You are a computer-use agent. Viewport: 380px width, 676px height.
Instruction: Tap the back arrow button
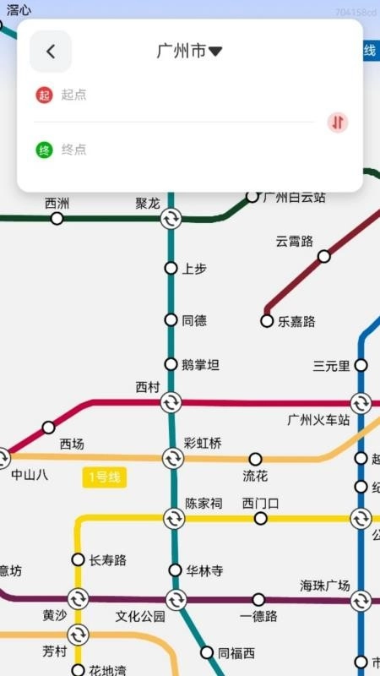click(x=51, y=52)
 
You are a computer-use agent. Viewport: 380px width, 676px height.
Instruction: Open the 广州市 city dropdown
click(x=190, y=52)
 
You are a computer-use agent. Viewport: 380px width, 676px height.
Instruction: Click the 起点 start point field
click(x=169, y=95)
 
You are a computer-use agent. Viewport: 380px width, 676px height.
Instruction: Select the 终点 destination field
click(x=169, y=150)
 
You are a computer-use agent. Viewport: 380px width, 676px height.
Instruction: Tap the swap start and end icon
click(x=338, y=123)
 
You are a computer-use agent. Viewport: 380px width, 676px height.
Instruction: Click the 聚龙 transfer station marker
click(x=171, y=219)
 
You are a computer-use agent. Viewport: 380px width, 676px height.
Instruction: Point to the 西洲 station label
click(x=57, y=204)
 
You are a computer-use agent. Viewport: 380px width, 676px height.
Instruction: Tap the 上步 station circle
click(x=171, y=269)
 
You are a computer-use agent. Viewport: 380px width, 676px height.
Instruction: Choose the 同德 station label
click(x=194, y=321)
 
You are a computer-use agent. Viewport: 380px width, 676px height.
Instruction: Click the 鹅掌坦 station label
click(x=200, y=365)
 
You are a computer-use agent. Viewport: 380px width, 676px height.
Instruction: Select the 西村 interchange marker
click(x=171, y=402)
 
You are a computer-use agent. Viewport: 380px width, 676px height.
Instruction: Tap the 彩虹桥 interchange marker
click(x=173, y=458)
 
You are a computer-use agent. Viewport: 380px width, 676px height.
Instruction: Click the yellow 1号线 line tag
click(x=104, y=477)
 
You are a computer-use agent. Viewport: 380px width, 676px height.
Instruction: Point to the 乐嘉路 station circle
click(x=268, y=321)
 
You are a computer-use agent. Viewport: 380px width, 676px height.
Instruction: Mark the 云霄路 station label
click(x=294, y=241)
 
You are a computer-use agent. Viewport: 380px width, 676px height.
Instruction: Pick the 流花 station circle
click(x=255, y=459)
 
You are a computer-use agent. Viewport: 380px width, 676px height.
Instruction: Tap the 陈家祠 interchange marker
click(x=174, y=518)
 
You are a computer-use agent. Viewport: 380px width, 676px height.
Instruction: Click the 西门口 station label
click(x=260, y=504)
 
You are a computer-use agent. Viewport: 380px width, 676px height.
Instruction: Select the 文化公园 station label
click(x=140, y=617)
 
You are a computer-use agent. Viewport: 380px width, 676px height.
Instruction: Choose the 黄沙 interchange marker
click(x=78, y=599)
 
